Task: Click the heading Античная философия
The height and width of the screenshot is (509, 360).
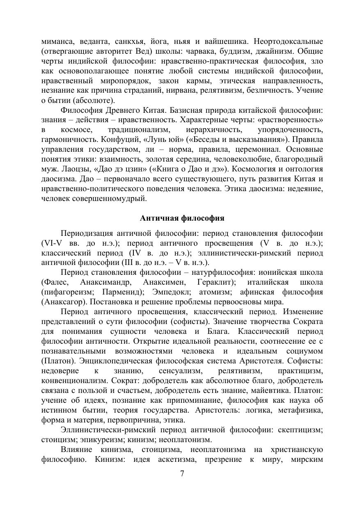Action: tap(182, 218)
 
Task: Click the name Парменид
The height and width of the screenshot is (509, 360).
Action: tap(122, 292)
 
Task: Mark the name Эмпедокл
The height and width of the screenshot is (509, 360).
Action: tap(172, 292)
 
